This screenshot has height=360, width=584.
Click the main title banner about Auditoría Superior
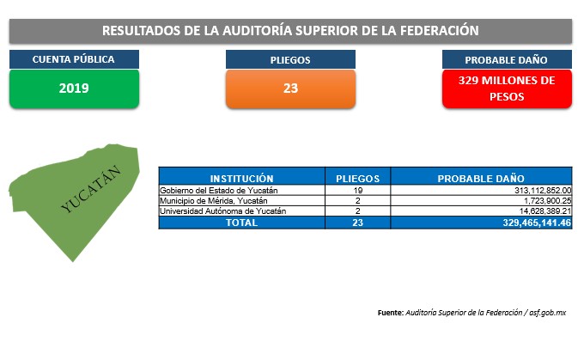pos(290,31)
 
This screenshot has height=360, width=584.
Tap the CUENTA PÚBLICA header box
pos(74,59)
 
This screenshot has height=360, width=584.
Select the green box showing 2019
pos(74,88)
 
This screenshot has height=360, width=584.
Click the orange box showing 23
pos(290,88)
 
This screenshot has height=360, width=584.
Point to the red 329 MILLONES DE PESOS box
pos(507,88)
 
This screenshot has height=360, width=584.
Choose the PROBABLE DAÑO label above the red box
pos(507,59)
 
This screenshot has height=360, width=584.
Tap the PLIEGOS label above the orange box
pos(290,59)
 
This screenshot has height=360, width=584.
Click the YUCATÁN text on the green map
pos(90,188)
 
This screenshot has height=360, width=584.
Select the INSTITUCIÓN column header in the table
pos(241,178)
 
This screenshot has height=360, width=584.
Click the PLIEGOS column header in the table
pos(357,178)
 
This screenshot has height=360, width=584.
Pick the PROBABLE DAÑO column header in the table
pos(481,178)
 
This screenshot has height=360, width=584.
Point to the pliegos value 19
pos(358,190)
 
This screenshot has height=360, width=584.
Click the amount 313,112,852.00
pos(543,190)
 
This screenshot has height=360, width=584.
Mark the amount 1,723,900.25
pos(548,200)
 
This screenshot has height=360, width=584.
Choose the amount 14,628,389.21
pos(545,211)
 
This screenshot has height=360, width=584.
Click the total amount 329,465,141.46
pos(537,223)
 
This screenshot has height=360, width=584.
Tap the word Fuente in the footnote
pos(390,313)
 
